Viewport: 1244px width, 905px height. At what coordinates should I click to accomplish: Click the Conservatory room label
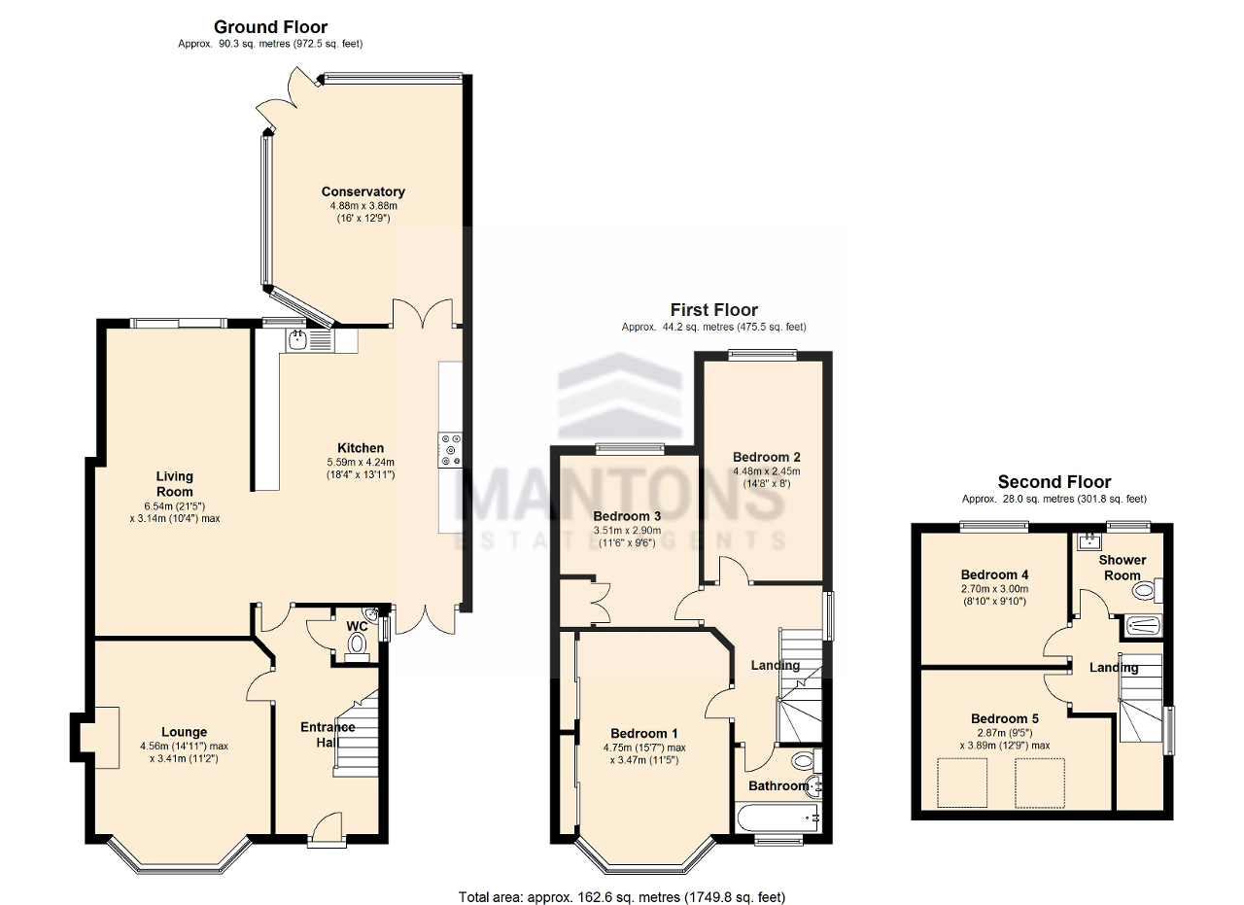point(363,191)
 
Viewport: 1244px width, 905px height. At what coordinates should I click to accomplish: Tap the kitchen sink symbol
point(298,339)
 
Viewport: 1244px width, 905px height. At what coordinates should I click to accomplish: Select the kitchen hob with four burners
point(451,450)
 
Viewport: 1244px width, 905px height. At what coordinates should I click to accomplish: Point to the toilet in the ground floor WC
point(358,643)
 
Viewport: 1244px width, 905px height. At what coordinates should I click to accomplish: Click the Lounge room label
point(184,732)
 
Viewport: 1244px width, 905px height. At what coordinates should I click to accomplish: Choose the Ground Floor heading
point(270,27)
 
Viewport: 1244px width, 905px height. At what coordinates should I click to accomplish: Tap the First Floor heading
point(713,310)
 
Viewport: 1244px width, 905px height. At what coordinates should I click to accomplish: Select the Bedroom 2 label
point(766,457)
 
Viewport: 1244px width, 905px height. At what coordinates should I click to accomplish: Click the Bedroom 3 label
point(627,515)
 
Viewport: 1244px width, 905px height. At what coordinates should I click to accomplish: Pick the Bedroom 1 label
point(644,733)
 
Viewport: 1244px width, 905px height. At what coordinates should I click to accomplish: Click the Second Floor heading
point(1054,482)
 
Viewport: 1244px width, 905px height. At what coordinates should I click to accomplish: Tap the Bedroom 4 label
point(993,574)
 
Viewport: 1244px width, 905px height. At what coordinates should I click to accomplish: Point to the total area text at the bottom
point(621,896)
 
